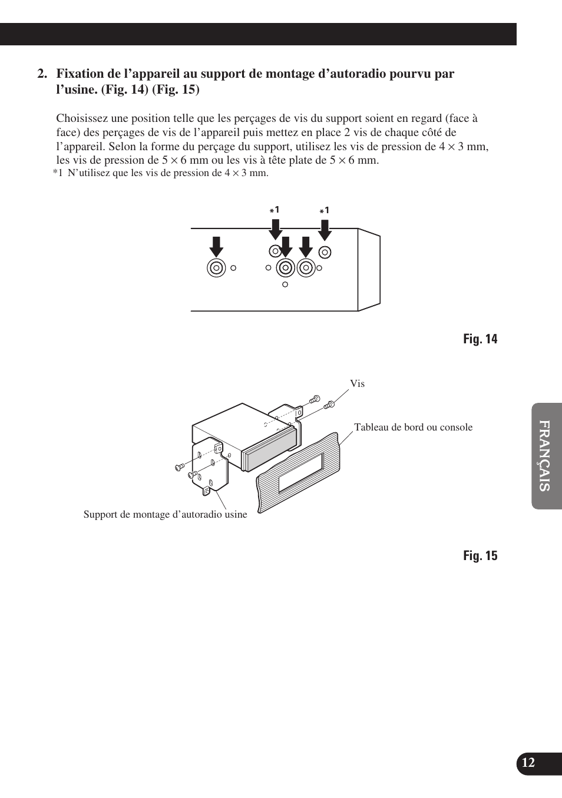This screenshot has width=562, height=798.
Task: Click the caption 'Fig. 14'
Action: click(480, 339)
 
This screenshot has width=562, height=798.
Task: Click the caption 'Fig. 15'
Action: click(480, 556)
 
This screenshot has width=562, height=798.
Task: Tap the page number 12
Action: click(528, 763)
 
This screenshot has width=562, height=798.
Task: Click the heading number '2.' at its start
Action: click(41, 74)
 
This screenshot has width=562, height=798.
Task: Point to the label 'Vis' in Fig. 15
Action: click(357, 384)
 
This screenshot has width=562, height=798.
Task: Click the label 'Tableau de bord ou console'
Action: click(413, 428)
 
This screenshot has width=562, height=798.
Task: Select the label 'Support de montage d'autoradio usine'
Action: click(165, 515)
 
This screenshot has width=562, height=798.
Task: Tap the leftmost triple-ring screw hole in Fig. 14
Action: click(216, 268)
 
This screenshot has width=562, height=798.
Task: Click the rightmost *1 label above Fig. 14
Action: click(325, 210)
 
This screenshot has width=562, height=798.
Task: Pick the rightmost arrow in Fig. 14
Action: click(325, 229)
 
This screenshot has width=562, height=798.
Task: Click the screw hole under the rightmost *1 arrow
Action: click(325, 252)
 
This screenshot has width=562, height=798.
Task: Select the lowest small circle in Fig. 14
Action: click(285, 284)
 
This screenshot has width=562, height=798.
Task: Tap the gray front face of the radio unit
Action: click(269, 448)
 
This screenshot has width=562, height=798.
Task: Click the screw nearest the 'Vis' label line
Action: click(329, 404)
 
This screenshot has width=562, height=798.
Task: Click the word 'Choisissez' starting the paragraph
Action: click(81, 118)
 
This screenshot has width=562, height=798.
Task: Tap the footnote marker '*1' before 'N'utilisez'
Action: click(57, 173)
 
